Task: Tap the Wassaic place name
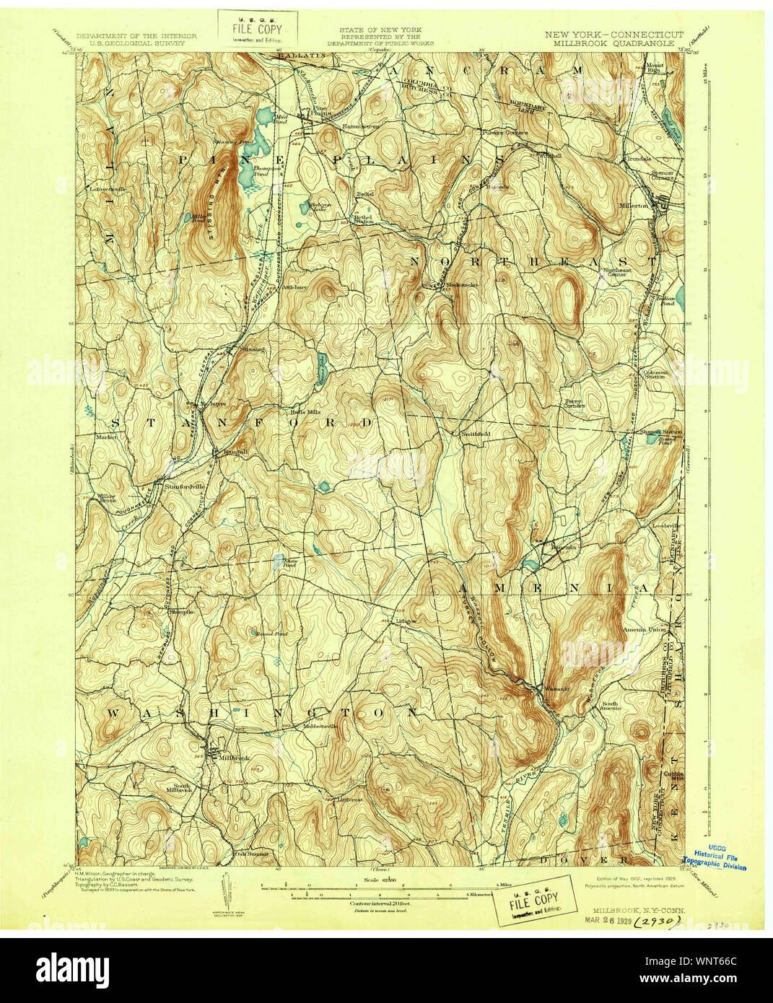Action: point(556,688)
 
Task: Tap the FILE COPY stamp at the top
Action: point(257,30)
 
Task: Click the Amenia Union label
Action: point(645,629)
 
